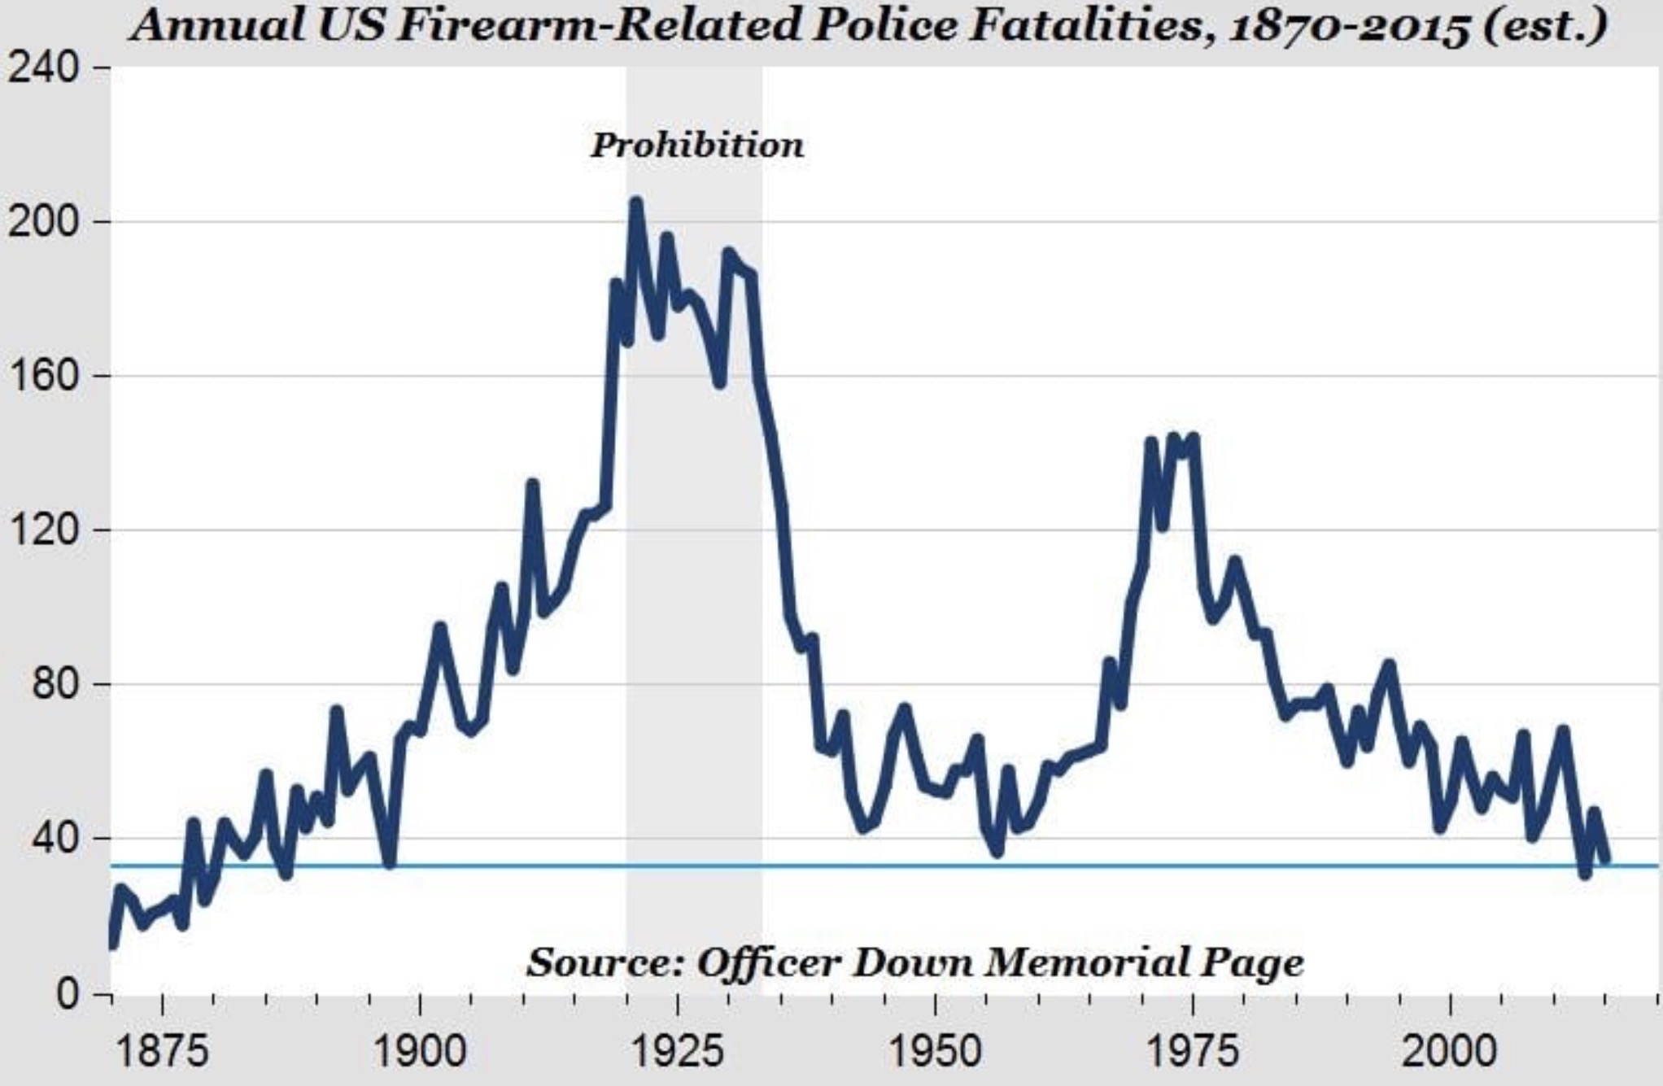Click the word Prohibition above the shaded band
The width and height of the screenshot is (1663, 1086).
click(696, 146)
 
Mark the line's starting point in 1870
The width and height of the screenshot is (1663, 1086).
click(112, 944)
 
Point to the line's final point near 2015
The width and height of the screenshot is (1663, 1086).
click(1604, 859)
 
